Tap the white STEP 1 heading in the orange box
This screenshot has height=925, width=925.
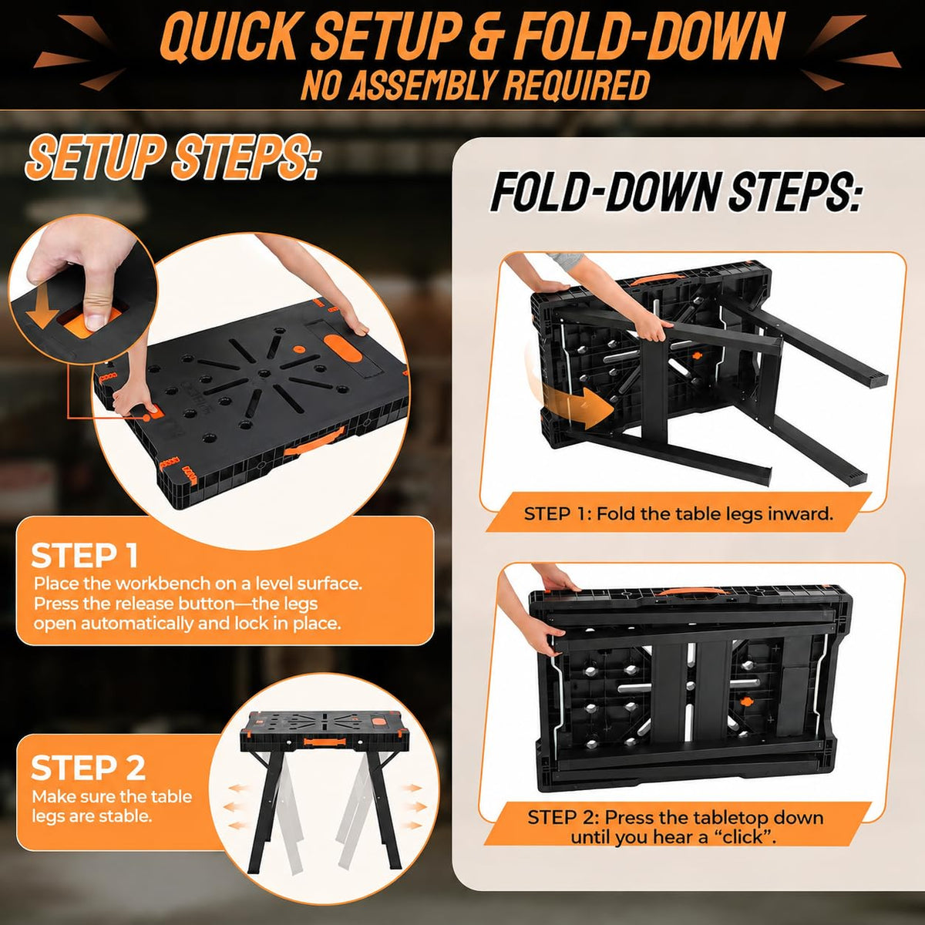click(85, 556)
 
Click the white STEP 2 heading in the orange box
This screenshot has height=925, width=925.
click(88, 767)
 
